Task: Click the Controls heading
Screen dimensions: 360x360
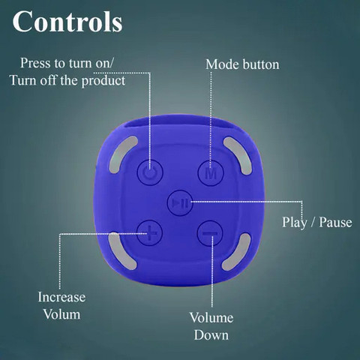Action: pyautogui.click(x=67, y=22)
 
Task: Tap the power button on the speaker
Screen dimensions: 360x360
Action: pyautogui.click(x=150, y=172)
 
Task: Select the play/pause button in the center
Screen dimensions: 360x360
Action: pyautogui.click(x=180, y=202)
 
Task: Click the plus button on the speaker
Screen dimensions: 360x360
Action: pyautogui.click(x=150, y=233)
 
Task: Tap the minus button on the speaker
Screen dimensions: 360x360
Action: pyautogui.click(x=210, y=233)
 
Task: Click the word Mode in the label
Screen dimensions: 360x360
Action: pyautogui.click(x=222, y=64)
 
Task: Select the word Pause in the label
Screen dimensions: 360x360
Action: pyautogui.click(x=335, y=222)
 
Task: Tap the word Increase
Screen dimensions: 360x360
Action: pyautogui.click(x=61, y=297)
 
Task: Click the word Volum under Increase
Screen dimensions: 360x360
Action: pyautogui.click(x=61, y=314)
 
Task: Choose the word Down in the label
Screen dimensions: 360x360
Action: pyautogui.click(x=211, y=335)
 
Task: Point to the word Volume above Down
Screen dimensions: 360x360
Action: pyautogui.click(x=211, y=318)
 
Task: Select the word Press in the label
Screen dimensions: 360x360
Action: pyautogui.click(x=36, y=63)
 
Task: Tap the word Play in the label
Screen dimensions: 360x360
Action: pyautogui.click(x=295, y=223)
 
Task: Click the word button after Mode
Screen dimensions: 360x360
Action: pyautogui.click(x=261, y=64)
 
